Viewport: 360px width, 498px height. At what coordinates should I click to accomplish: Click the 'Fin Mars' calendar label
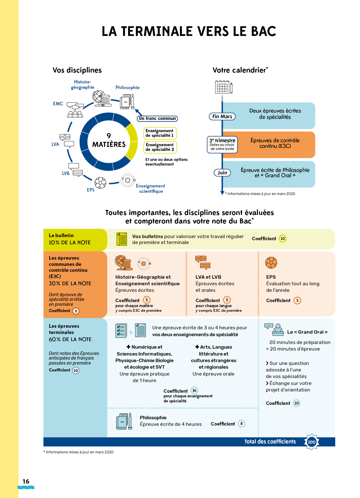pos(222,116)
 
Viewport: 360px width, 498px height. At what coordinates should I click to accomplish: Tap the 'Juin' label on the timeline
pos(222,172)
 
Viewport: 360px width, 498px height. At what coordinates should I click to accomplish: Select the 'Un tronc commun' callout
pos(157,118)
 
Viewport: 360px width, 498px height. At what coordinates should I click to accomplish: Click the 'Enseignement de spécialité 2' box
pos(160,147)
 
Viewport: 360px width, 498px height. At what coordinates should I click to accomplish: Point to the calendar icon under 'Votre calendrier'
pos(224,87)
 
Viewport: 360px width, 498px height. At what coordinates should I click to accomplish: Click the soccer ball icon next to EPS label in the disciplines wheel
pos(100,183)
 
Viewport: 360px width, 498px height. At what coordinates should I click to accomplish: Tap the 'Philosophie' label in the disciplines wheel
pos(127,87)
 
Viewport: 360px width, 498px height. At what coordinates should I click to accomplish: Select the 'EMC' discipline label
pos(58,104)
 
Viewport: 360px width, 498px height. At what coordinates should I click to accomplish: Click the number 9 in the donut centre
pos(109,136)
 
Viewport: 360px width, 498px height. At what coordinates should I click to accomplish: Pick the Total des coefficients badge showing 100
pos(311,442)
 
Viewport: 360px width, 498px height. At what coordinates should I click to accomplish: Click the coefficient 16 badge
pos(194,390)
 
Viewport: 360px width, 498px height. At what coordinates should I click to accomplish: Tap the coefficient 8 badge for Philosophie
pos(241,424)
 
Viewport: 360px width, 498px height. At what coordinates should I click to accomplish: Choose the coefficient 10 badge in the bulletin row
pos(282,239)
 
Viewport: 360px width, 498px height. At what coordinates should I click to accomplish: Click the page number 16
pos(26,481)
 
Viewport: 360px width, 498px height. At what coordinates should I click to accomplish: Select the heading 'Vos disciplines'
pos(77,70)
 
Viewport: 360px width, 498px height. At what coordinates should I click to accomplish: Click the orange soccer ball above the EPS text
pos(271,262)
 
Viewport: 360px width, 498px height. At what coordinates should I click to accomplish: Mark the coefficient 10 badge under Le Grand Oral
pos(296,403)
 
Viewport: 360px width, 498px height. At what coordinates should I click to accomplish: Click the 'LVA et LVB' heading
pos(208,277)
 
